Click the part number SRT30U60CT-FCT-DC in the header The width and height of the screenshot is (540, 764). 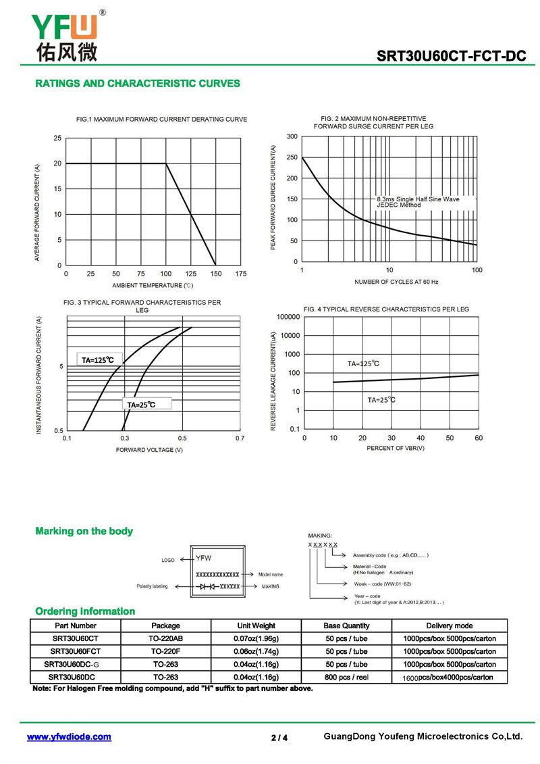pos(451,56)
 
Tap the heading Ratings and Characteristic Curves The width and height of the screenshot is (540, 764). pos(137,83)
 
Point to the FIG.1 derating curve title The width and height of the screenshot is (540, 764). pos(161,119)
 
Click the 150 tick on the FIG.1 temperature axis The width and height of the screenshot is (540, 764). pos(216,274)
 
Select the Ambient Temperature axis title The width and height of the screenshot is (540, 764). pos(153,286)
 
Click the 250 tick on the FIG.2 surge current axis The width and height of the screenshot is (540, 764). pos(292,157)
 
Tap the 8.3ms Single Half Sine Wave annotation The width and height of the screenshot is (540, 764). pos(418,199)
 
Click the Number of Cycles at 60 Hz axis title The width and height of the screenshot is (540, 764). pos(396,282)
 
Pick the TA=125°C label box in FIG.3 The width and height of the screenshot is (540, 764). pos(99,359)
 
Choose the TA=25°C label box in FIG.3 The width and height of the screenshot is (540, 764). pos(146,404)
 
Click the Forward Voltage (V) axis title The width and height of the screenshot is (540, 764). pos(149,450)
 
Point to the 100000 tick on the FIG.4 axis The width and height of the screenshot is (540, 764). pos(288,317)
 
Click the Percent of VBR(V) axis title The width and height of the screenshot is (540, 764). pos(396,448)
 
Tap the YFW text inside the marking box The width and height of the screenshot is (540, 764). pos(204,558)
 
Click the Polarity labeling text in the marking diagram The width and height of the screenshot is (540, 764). pos(152,586)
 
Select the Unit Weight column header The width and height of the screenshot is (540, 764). pos(256,626)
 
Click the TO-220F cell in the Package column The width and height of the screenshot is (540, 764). pos(165,651)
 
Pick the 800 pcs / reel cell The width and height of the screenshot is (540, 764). pos(347,678)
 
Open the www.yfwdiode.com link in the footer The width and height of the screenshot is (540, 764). pos(69,737)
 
